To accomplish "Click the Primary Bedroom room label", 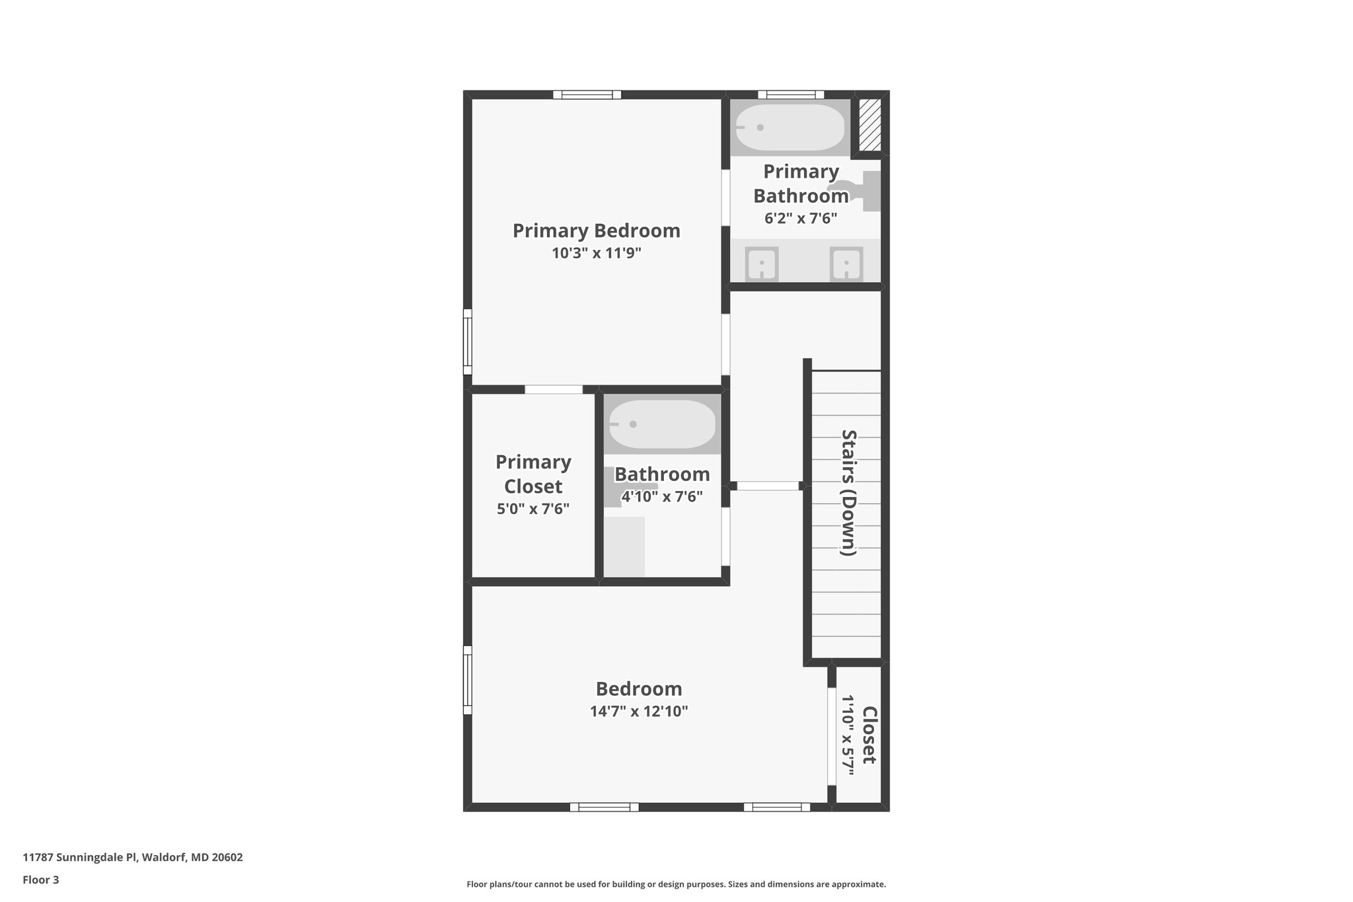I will [596, 231].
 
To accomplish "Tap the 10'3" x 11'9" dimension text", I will [597, 253].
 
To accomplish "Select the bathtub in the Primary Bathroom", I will [790, 128].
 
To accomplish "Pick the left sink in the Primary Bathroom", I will [762, 264].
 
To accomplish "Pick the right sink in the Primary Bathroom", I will [846, 264].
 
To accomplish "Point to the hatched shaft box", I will [870, 126].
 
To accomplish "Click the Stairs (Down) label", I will [848, 492].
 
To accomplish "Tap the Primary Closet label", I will [533, 474].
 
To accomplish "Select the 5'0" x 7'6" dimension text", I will [533, 509].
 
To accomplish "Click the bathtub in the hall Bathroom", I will [662, 424].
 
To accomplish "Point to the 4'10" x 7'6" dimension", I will [662, 496].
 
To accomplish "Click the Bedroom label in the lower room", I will [639, 689].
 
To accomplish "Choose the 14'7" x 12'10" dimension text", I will [639, 712].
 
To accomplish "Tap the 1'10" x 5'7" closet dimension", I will [848, 735].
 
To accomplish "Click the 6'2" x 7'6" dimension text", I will [801, 218].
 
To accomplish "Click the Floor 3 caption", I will [41, 880].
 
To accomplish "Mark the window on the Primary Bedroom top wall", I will [587, 94].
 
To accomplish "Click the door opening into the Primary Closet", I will [554, 389].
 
